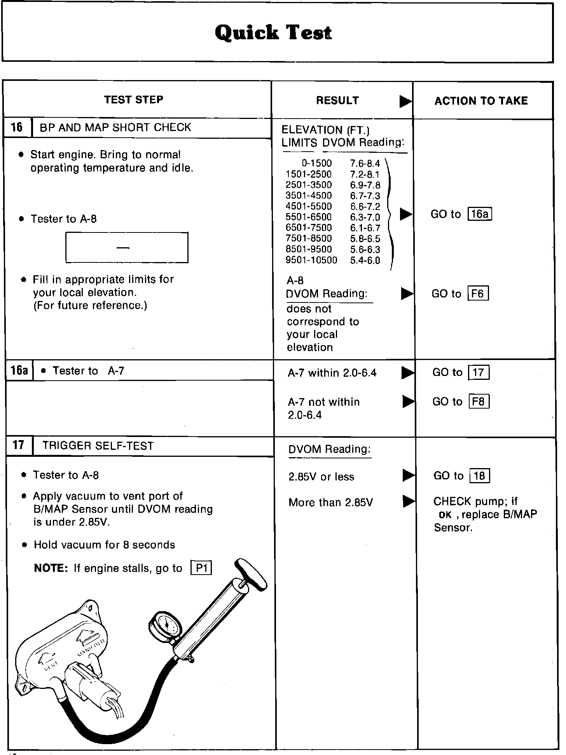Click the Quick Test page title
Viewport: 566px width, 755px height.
pos(273,33)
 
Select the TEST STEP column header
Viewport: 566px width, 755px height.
pos(133,100)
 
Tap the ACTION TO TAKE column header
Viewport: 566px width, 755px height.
pos(481,101)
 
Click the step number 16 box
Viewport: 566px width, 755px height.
pos(17,128)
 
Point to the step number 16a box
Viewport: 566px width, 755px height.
pos(19,370)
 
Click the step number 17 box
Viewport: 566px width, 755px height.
pos(19,445)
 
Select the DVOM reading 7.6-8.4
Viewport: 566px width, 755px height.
pos(365,164)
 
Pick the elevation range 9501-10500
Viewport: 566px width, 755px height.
pos(311,260)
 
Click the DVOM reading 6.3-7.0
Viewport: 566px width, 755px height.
pos(365,217)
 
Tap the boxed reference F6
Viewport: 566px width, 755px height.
pos(478,294)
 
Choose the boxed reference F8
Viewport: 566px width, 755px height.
pos(479,401)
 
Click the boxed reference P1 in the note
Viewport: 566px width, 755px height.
pos(202,568)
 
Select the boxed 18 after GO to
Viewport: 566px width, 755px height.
pos(480,476)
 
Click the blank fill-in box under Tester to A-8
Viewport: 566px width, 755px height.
pos(127,248)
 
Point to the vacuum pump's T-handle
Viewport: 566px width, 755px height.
pos(253,575)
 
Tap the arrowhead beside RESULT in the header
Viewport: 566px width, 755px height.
pos(405,101)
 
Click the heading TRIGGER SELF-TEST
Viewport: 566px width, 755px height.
pos(98,446)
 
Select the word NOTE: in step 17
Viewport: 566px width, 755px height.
pos(51,568)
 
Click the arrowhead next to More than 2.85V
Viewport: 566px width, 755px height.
pos(408,502)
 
